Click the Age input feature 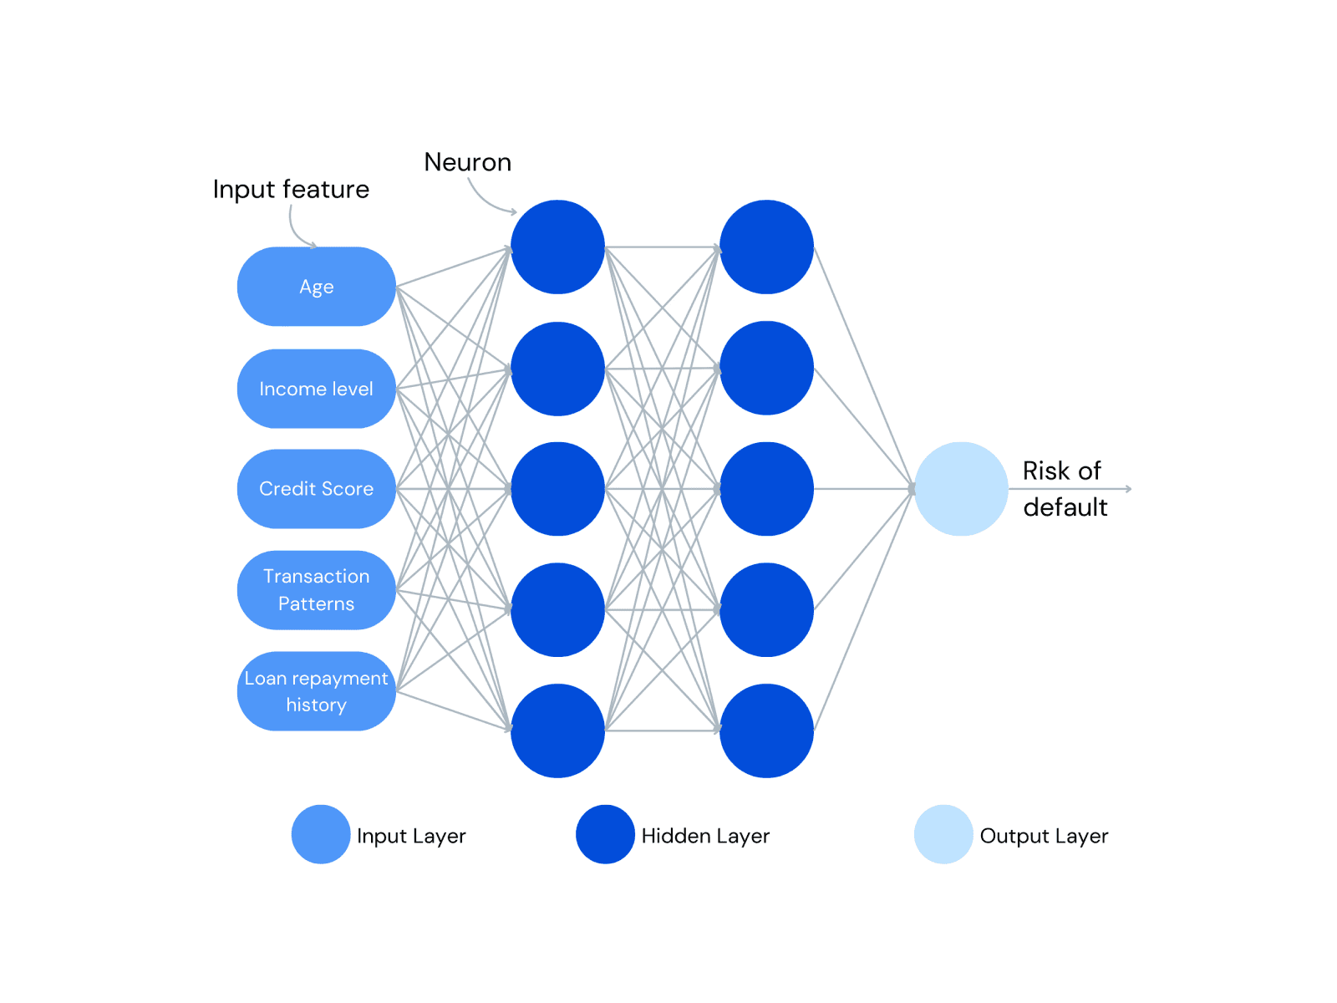[316, 287]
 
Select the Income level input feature [316, 389]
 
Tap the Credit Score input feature [316, 489]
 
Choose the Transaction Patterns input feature [316, 590]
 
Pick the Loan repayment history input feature [316, 691]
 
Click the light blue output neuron [961, 489]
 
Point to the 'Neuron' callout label [467, 162]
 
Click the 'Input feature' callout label [291, 190]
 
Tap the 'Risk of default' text [1064, 489]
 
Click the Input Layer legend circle [321, 834]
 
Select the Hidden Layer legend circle [605, 834]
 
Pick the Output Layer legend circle [943, 834]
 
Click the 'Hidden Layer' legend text [705, 836]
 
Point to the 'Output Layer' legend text [1044, 836]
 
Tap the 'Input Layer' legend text [411, 836]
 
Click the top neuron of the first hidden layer [557, 247]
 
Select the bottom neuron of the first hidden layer [557, 731]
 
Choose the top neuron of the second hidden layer [766, 247]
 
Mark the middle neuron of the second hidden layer [766, 489]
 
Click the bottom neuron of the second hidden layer [766, 731]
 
